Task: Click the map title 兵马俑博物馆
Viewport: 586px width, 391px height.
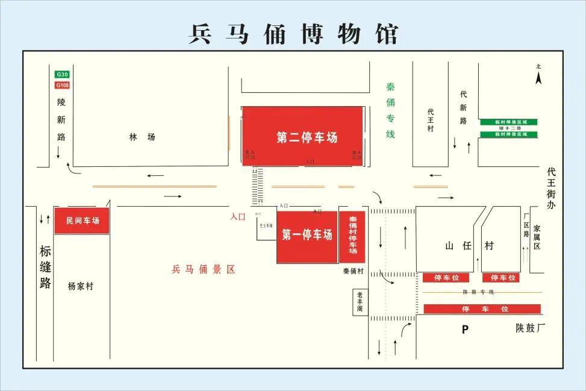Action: point(293,34)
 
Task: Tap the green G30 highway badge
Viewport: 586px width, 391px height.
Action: point(62,74)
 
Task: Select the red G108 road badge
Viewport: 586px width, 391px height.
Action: point(62,85)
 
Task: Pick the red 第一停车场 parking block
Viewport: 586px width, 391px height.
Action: point(307,236)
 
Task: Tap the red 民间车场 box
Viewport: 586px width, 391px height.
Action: point(82,221)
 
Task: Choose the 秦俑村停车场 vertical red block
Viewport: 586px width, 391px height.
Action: point(353,236)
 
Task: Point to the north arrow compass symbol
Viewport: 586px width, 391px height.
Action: point(538,76)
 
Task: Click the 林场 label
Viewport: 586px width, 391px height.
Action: point(142,137)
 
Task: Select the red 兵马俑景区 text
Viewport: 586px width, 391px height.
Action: point(204,269)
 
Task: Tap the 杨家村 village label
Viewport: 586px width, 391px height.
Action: point(81,286)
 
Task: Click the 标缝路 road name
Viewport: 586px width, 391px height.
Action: point(45,266)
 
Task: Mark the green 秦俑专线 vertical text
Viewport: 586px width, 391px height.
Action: point(390,110)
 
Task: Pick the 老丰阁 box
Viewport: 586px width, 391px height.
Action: point(360,302)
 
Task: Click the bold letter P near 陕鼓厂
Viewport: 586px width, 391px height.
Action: point(464,330)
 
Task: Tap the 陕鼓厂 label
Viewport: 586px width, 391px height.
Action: point(531,328)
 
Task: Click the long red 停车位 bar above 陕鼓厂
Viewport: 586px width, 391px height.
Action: point(482,309)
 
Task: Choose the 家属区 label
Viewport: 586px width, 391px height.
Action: point(537,237)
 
